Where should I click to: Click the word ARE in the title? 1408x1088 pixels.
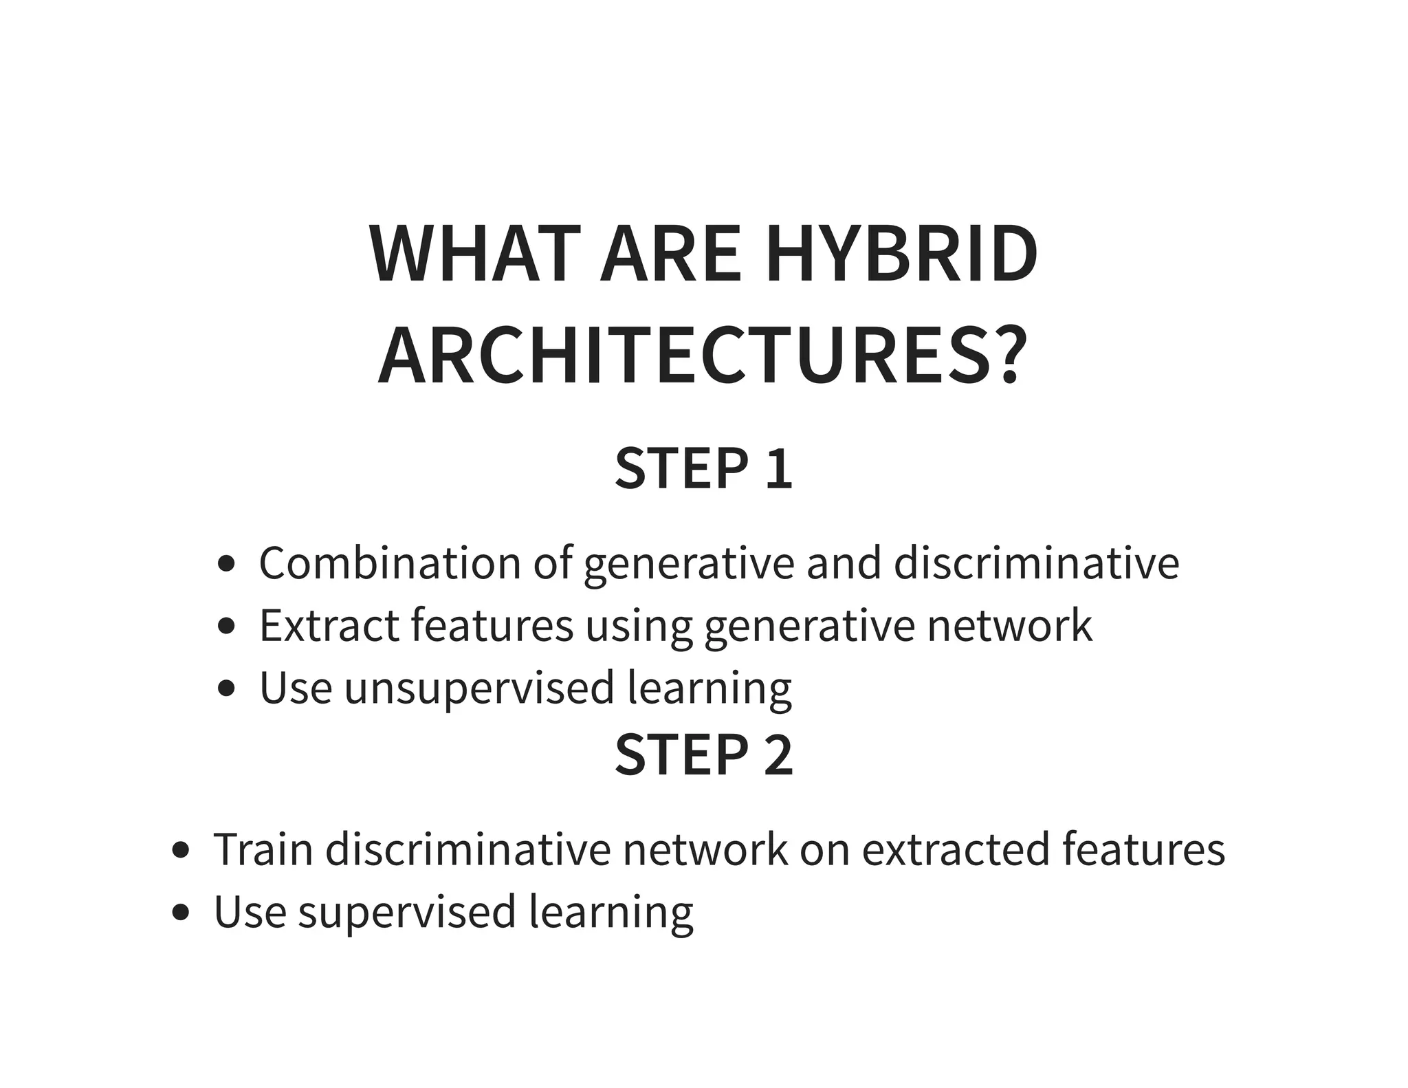(x=670, y=254)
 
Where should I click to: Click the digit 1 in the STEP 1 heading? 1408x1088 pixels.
(x=779, y=469)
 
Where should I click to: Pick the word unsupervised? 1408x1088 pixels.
(x=479, y=688)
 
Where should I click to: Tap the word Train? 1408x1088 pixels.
(x=263, y=849)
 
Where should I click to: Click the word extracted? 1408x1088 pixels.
(x=955, y=849)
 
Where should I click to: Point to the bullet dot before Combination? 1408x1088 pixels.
(x=226, y=565)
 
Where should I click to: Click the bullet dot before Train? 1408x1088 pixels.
(x=181, y=851)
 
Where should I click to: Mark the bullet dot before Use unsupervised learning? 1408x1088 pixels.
(x=226, y=688)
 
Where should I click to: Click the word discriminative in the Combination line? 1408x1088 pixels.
(x=1037, y=563)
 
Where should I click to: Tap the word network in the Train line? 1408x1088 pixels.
(x=705, y=849)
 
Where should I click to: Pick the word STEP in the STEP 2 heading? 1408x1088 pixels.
(x=681, y=755)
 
